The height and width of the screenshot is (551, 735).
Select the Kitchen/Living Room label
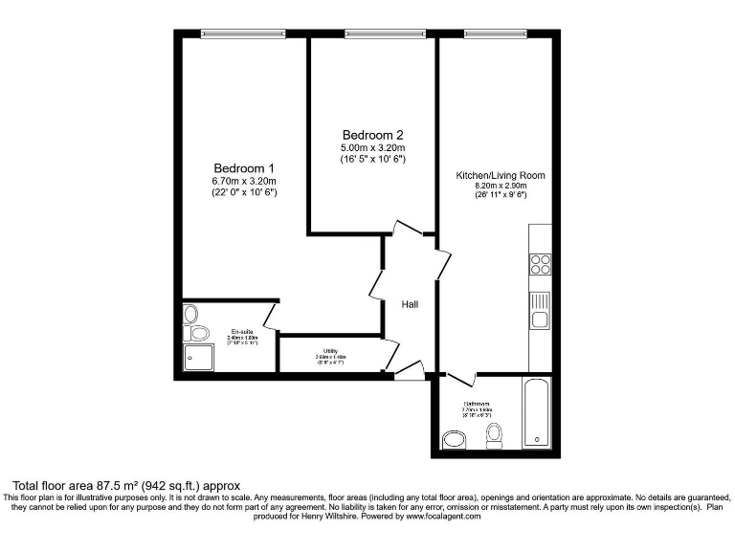click(500, 175)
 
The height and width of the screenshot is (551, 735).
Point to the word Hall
click(410, 304)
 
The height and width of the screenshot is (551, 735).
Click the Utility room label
click(330, 351)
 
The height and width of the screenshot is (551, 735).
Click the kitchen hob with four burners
click(540, 263)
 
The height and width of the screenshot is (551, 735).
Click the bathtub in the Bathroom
click(536, 413)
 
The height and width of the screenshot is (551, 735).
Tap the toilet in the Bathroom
click(495, 436)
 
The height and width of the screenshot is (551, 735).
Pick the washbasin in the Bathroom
click(454, 439)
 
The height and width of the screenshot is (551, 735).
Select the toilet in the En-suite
click(197, 332)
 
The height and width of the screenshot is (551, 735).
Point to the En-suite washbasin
click(189, 313)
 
